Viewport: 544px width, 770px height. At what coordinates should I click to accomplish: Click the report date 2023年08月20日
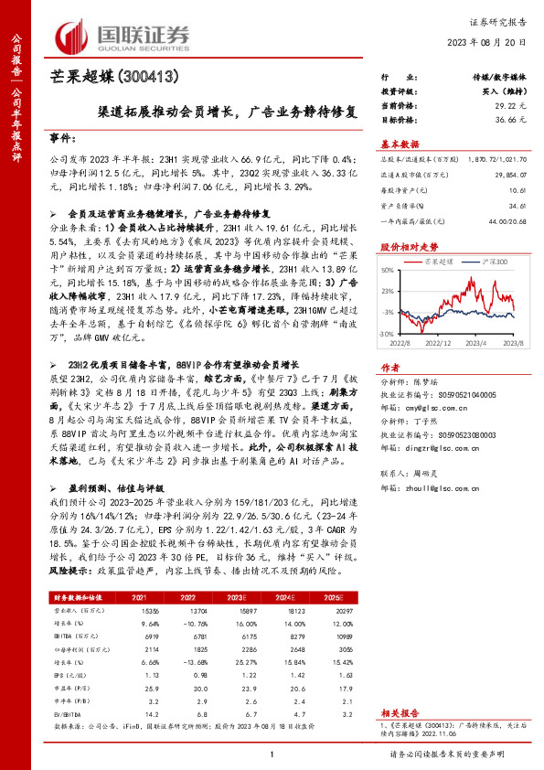pos(491,42)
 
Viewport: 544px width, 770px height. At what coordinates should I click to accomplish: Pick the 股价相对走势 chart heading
pos(409,247)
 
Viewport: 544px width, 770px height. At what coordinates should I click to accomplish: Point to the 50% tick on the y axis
pos(389,271)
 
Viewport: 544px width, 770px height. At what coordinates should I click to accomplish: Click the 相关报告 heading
pos(399,711)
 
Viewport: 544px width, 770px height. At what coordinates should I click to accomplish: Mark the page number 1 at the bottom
pos(272,754)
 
